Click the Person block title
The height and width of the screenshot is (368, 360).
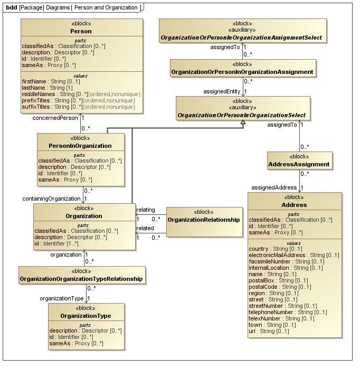point(81,31)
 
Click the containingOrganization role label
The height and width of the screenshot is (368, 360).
point(51,199)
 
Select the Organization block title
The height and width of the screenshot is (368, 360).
point(84,216)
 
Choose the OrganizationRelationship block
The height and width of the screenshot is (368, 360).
point(204,219)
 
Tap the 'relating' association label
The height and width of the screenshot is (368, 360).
point(145,210)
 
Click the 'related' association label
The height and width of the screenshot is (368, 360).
point(145,228)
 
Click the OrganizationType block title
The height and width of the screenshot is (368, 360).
point(86,316)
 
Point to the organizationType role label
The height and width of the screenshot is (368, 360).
point(62,298)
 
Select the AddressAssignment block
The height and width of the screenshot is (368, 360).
point(299,164)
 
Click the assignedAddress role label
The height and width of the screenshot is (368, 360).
point(273,187)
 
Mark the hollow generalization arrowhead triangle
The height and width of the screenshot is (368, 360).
point(242,123)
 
